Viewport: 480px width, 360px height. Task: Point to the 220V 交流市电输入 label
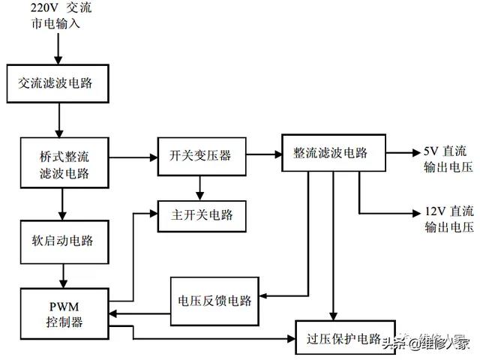61,16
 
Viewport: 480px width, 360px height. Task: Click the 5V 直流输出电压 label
448,159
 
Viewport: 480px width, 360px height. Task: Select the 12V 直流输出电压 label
449,219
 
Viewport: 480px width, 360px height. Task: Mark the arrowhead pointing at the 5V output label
417,152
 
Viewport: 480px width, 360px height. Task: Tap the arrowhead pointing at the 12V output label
417,213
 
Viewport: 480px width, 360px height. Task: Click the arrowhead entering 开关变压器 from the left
154,157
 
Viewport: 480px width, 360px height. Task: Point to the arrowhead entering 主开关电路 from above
200,196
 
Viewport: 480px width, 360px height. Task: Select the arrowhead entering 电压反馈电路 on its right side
263,296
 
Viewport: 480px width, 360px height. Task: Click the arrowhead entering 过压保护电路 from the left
291,338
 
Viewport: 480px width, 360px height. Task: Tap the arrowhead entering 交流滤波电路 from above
58,60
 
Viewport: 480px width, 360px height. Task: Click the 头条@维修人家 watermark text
426,342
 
